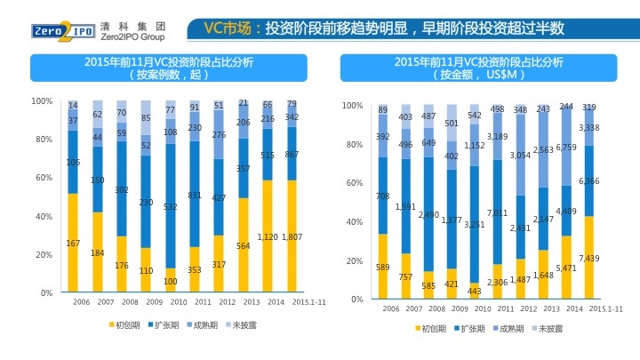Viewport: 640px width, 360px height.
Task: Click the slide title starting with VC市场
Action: point(383,28)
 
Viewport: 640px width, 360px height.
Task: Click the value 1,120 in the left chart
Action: point(268,237)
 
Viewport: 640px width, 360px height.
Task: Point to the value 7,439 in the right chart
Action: point(588,258)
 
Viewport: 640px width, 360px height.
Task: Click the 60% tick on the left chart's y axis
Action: point(42,178)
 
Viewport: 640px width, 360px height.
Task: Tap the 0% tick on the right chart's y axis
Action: point(356,300)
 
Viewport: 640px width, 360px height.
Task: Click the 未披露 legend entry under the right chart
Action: point(549,328)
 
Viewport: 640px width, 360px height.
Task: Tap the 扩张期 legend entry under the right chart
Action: point(468,328)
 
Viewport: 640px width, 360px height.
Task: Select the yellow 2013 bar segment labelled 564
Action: point(243,246)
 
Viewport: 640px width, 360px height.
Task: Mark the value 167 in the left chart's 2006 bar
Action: point(73,244)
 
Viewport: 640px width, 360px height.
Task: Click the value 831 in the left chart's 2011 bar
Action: point(195,195)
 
